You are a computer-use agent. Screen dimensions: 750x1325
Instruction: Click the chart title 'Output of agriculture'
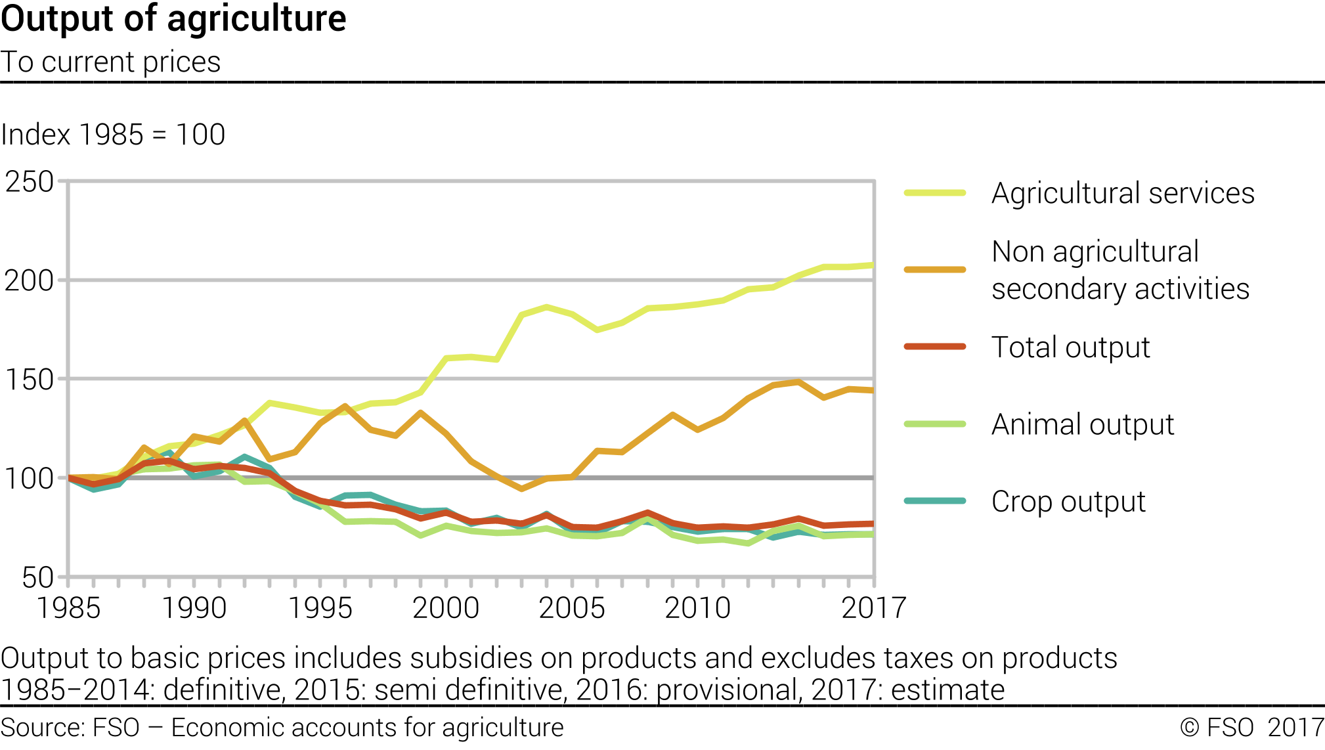(173, 19)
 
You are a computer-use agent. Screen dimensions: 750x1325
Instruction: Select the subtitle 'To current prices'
(110, 62)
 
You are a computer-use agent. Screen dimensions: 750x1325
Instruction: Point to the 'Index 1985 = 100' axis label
(113, 135)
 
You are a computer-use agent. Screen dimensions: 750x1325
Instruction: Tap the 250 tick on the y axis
(30, 182)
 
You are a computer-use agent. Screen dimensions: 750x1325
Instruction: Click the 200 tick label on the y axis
(30, 281)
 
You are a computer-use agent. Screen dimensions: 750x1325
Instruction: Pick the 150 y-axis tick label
(30, 380)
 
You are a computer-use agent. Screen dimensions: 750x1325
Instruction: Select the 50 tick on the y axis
(37, 578)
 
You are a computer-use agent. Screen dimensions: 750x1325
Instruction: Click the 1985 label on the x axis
(68, 608)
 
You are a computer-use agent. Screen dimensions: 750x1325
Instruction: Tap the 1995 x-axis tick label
(320, 608)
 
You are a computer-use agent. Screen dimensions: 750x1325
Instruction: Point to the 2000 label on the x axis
(446, 608)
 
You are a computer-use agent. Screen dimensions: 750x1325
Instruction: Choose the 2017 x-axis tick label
(873, 608)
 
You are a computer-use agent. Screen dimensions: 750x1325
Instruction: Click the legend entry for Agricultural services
(1123, 193)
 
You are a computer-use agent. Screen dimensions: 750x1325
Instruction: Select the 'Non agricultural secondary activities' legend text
(1120, 270)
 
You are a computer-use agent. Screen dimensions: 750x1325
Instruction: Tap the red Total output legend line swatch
(935, 347)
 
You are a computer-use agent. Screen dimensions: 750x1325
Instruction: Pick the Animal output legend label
(1083, 424)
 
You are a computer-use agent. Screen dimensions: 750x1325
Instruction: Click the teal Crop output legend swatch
(935, 501)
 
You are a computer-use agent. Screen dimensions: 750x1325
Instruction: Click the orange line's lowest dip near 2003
(521, 489)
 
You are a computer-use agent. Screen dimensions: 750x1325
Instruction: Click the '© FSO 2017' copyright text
(1251, 728)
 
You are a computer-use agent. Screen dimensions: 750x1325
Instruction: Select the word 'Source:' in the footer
(43, 728)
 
